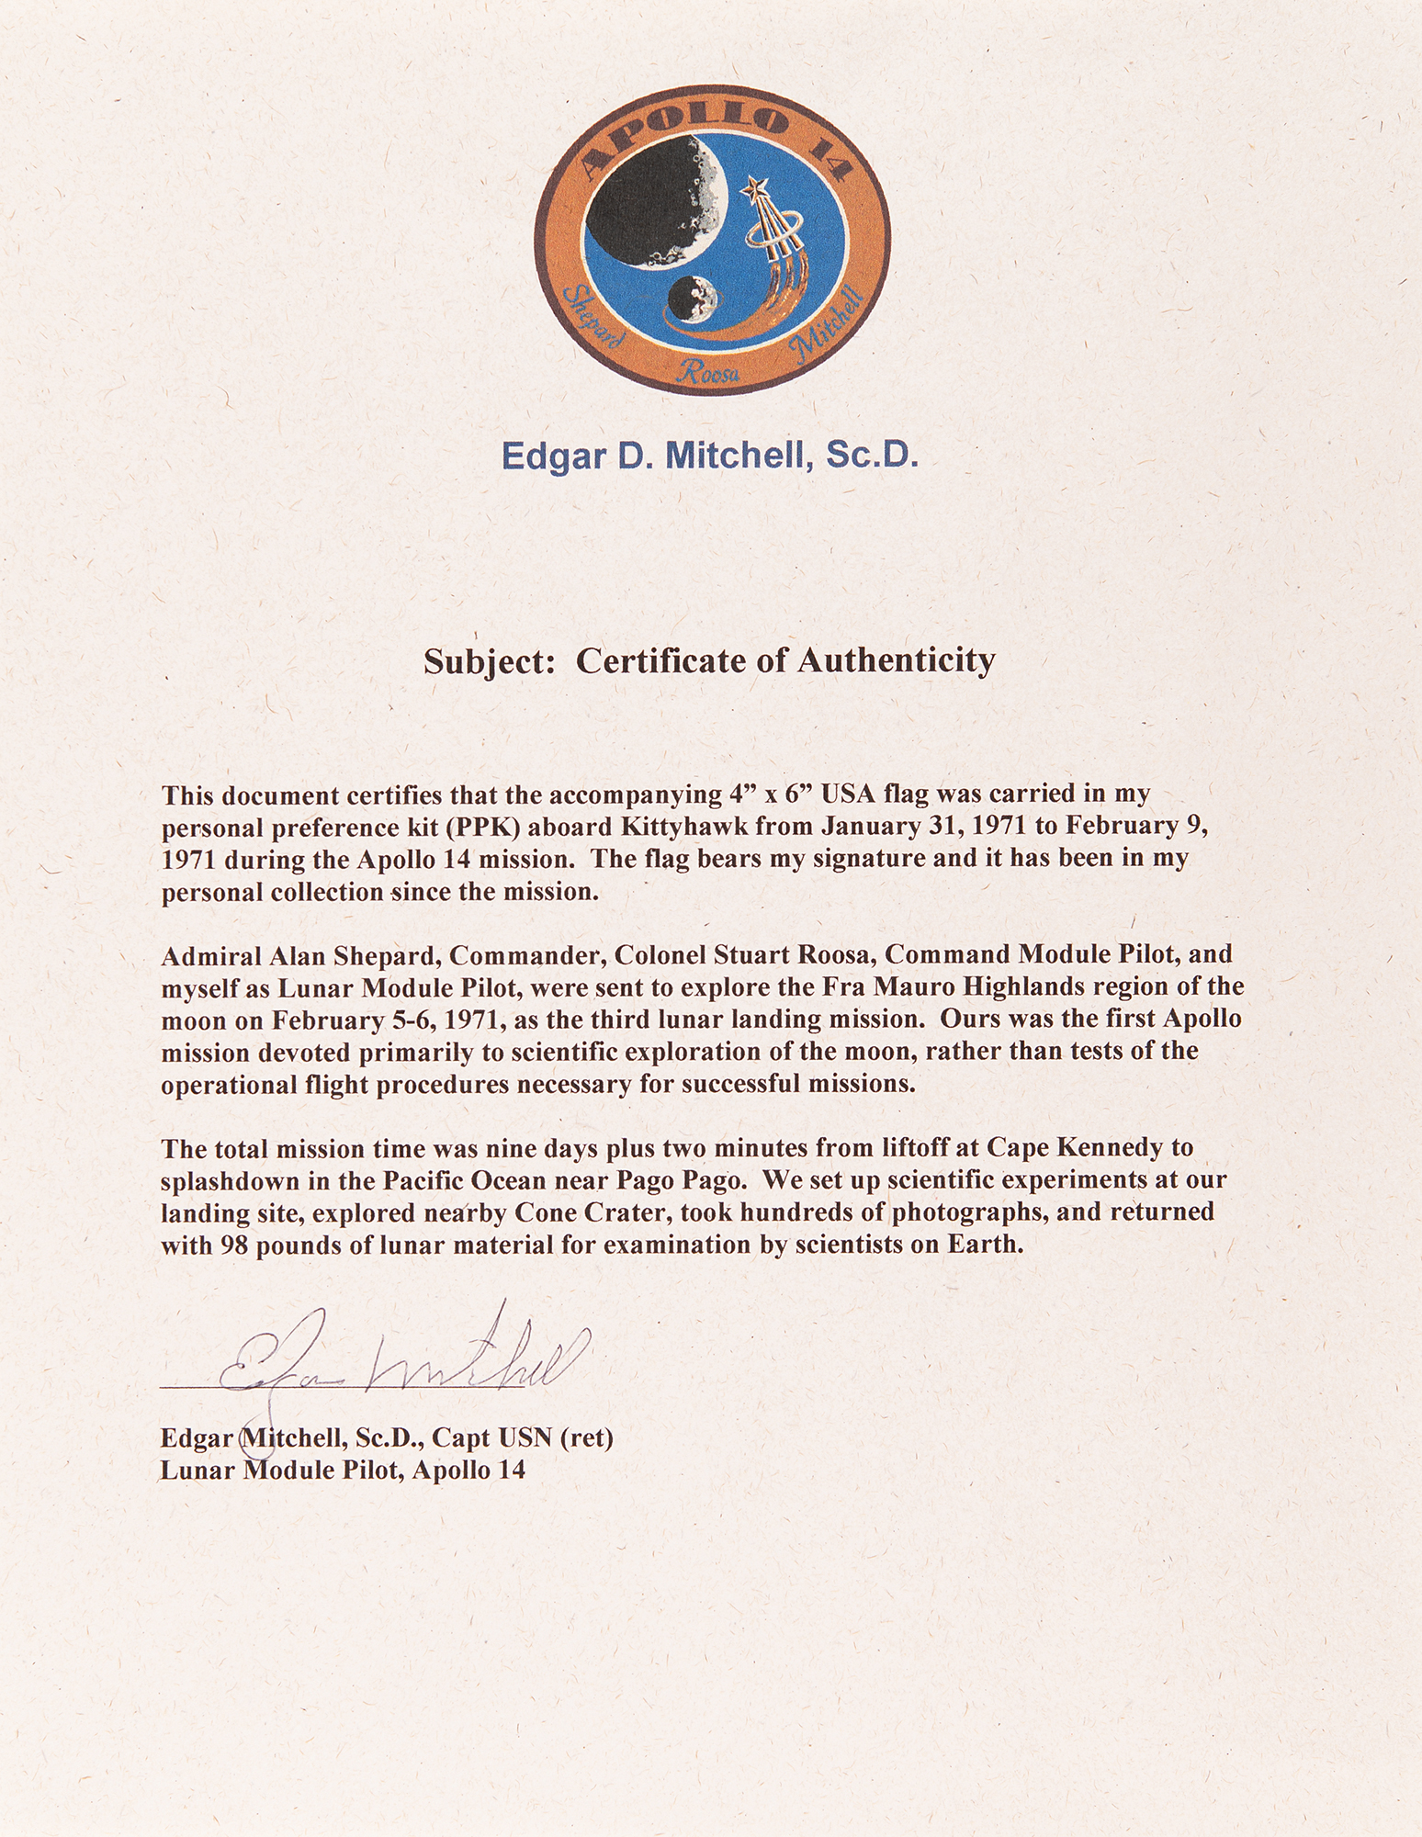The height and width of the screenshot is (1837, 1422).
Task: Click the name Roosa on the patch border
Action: tap(707, 371)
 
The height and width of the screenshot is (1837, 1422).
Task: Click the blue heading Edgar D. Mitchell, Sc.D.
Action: tap(709, 456)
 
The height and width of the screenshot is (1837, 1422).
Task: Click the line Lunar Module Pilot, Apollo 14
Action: tap(343, 1471)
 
